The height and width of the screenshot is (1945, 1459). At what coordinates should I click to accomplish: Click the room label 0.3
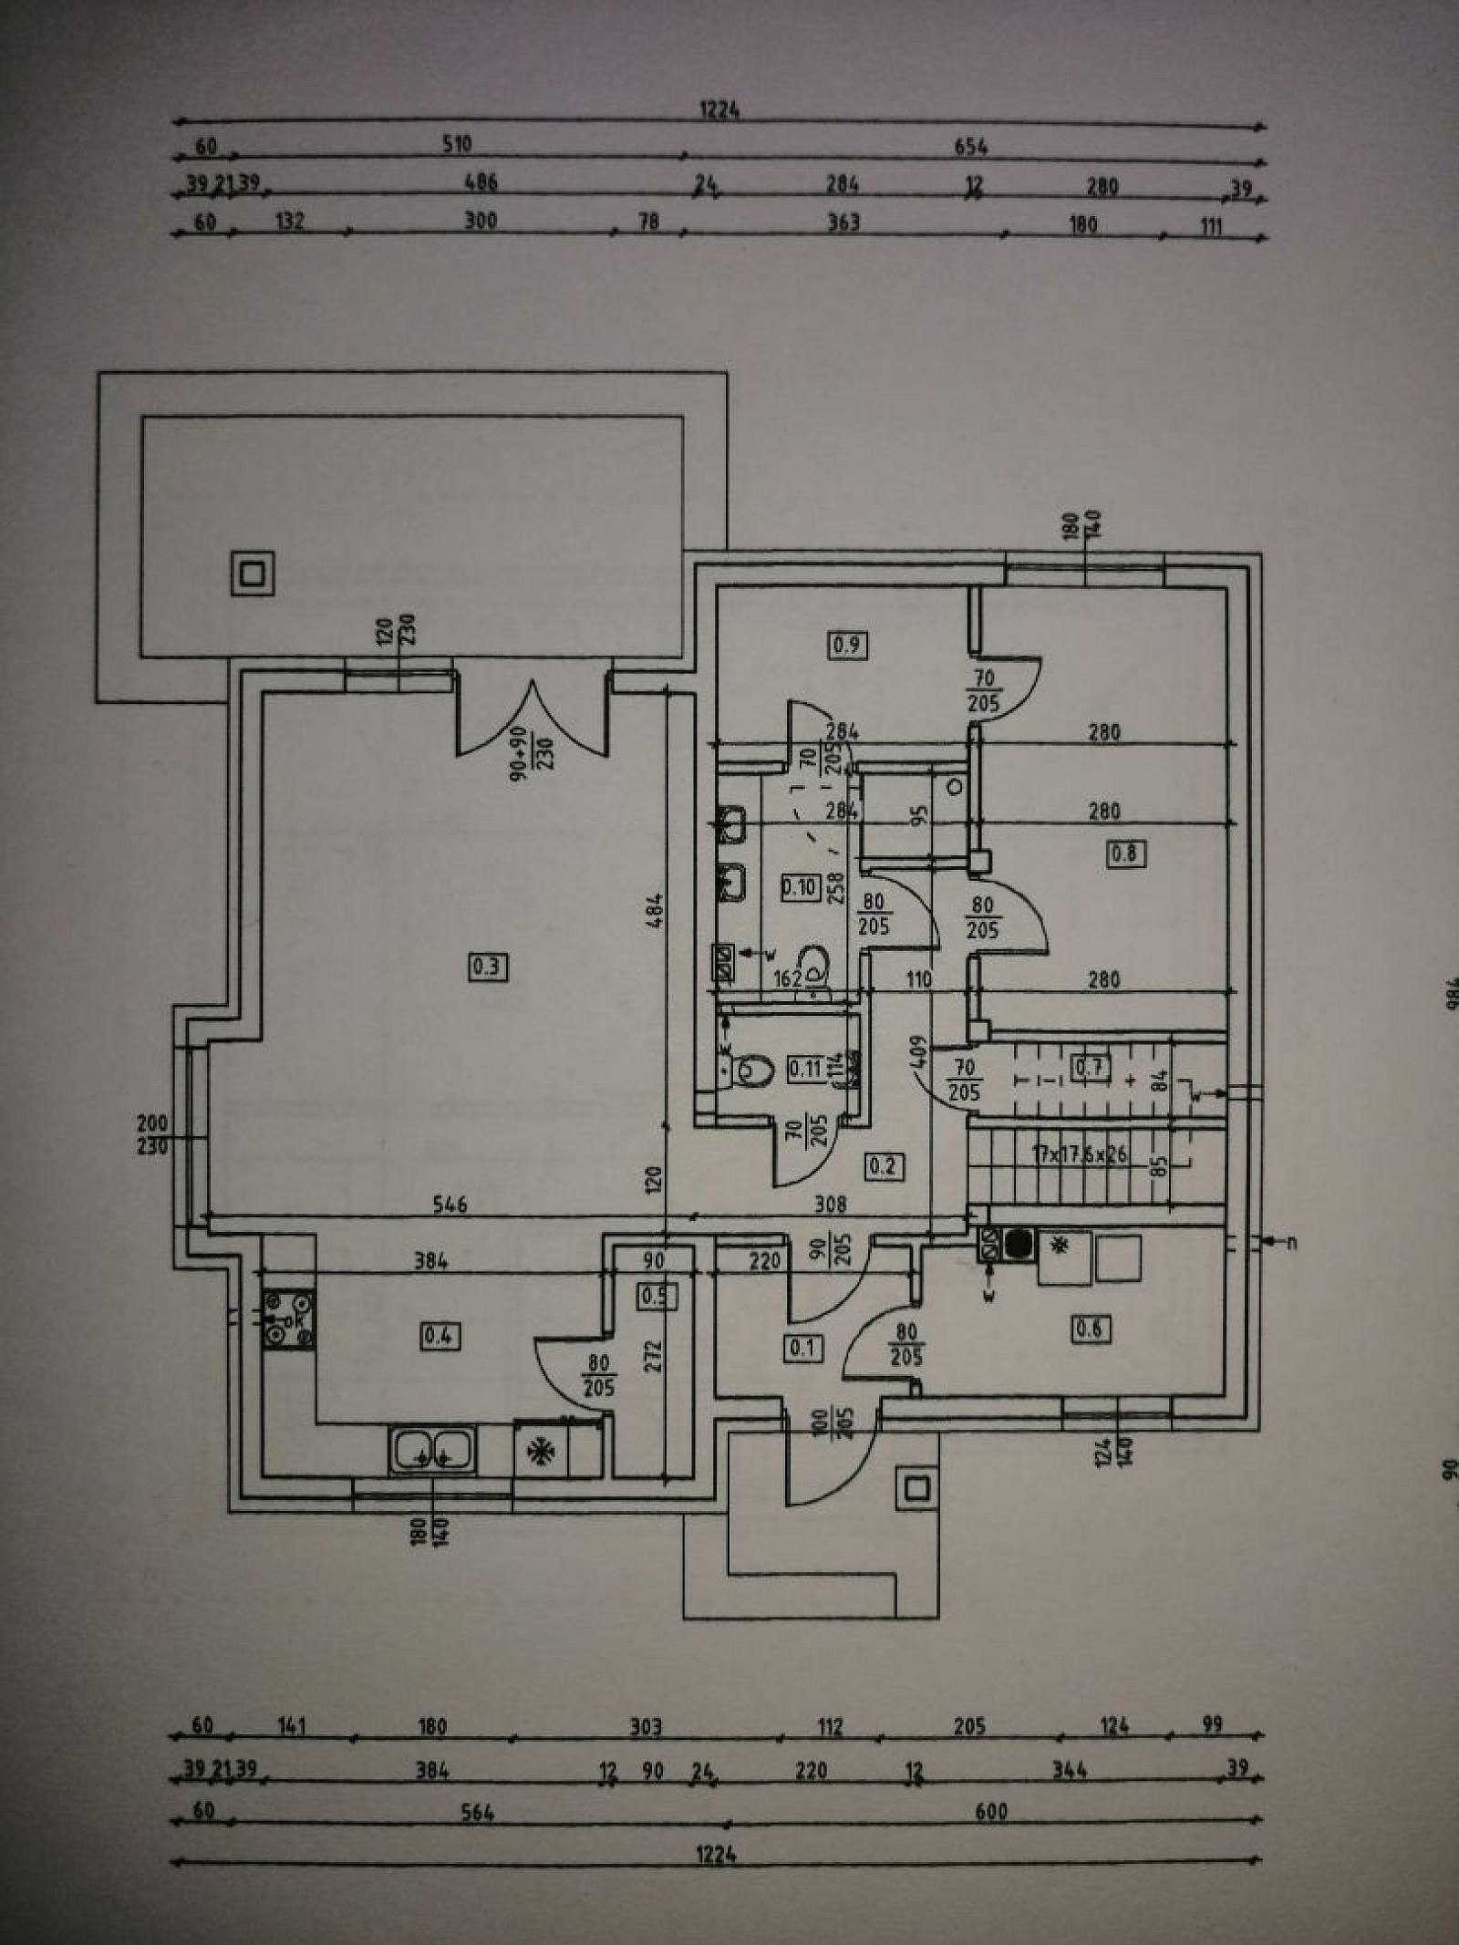[487, 966]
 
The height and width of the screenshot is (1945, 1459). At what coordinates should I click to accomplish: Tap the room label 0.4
[440, 1337]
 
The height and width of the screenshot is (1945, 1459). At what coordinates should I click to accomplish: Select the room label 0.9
[847, 646]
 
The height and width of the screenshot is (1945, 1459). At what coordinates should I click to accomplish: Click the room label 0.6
[1089, 1329]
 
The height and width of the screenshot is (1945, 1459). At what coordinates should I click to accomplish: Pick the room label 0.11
[804, 1068]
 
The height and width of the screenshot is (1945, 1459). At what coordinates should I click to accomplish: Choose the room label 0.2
[883, 1165]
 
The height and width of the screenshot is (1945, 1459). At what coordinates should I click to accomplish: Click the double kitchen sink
[431, 1450]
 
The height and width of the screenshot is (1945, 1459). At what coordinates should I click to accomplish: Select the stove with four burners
[288, 1321]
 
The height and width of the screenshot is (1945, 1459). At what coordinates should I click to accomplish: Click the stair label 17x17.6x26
[1080, 1154]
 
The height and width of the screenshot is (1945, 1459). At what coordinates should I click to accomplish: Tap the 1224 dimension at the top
[719, 110]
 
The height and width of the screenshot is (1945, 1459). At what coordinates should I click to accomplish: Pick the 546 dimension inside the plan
[450, 1205]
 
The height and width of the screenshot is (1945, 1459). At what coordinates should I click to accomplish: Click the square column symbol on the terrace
[253, 574]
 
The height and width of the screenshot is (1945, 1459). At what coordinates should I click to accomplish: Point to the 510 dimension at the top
[457, 144]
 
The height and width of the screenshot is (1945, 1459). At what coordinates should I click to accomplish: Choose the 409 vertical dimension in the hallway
[918, 1053]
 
